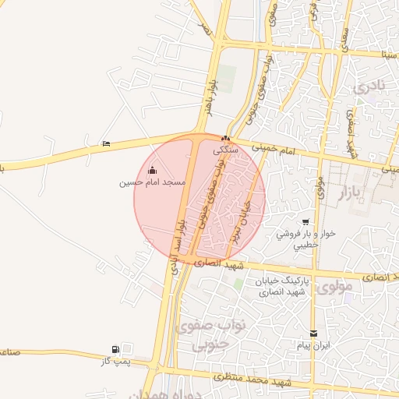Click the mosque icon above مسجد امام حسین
click(x=152, y=171)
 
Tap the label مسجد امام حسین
click(x=152, y=182)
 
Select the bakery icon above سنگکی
click(x=227, y=137)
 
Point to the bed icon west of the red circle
click(x=106, y=144)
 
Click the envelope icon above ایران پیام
click(x=314, y=333)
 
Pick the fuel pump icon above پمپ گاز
click(x=116, y=349)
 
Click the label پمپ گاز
click(x=115, y=361)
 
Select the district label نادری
click(x=369, y=87)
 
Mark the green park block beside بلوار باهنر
click(x=226, y=79)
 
